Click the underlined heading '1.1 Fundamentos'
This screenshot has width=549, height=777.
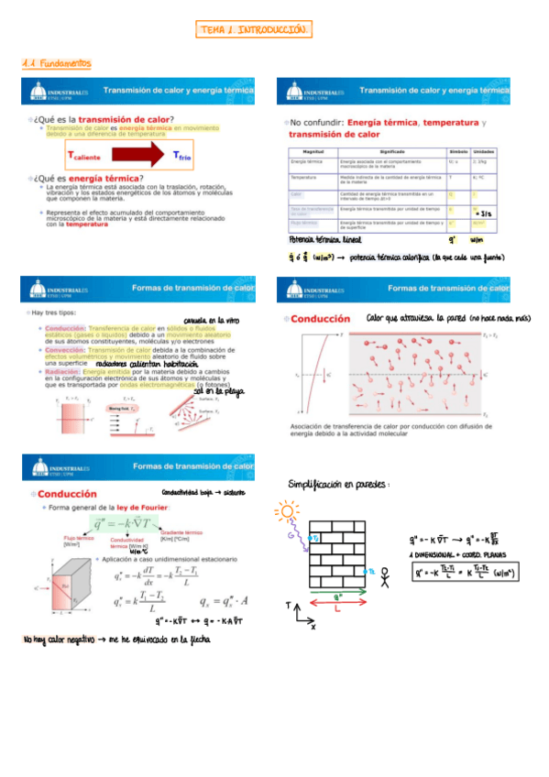point(57,63)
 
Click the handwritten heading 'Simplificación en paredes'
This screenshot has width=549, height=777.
point(338,483)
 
